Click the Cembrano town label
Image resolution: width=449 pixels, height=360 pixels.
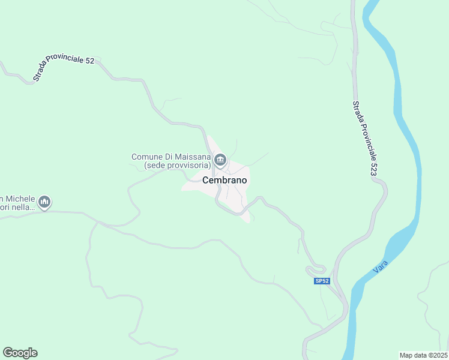pos(224,179)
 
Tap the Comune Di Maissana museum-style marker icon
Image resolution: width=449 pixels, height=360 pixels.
pos(220,160)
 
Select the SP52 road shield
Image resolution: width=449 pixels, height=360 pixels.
pos(322,281)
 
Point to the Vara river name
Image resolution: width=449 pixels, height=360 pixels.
pos(379,266)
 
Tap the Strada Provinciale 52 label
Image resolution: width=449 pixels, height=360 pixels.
pos(64,67)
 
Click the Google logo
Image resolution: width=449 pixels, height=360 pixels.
pos(20,353)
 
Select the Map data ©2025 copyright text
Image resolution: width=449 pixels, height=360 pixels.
pos(424,355)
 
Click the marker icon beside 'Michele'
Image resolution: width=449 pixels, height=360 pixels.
pos(44,203)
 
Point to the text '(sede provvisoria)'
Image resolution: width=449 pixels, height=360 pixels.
pos(176,164)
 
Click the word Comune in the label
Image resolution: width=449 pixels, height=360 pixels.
pos(147,157)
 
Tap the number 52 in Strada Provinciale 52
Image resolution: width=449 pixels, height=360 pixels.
pos(89,61)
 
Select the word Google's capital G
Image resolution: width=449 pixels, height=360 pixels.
pos(8,353)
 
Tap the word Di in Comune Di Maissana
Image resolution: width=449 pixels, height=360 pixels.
pos(169,157)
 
